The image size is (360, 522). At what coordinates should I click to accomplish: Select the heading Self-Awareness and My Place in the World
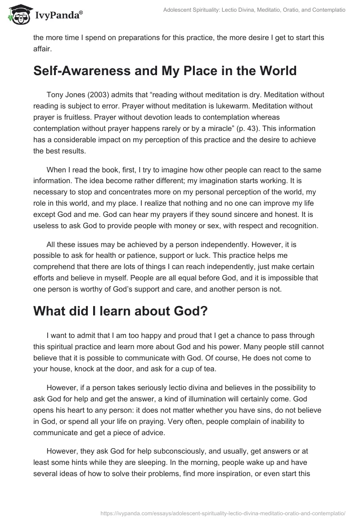pyautogui.click(x=165, y=71)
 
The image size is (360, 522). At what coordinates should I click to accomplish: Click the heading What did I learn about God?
pyautogui.click(x=120, y=312)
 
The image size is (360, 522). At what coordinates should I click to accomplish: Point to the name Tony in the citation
pyautogui.click(x=55, y=95)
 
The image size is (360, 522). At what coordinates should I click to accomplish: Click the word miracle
pyautogui.click(x=223, y=129)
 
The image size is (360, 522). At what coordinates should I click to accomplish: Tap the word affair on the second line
pyautogui.click(x=43, y=48)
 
